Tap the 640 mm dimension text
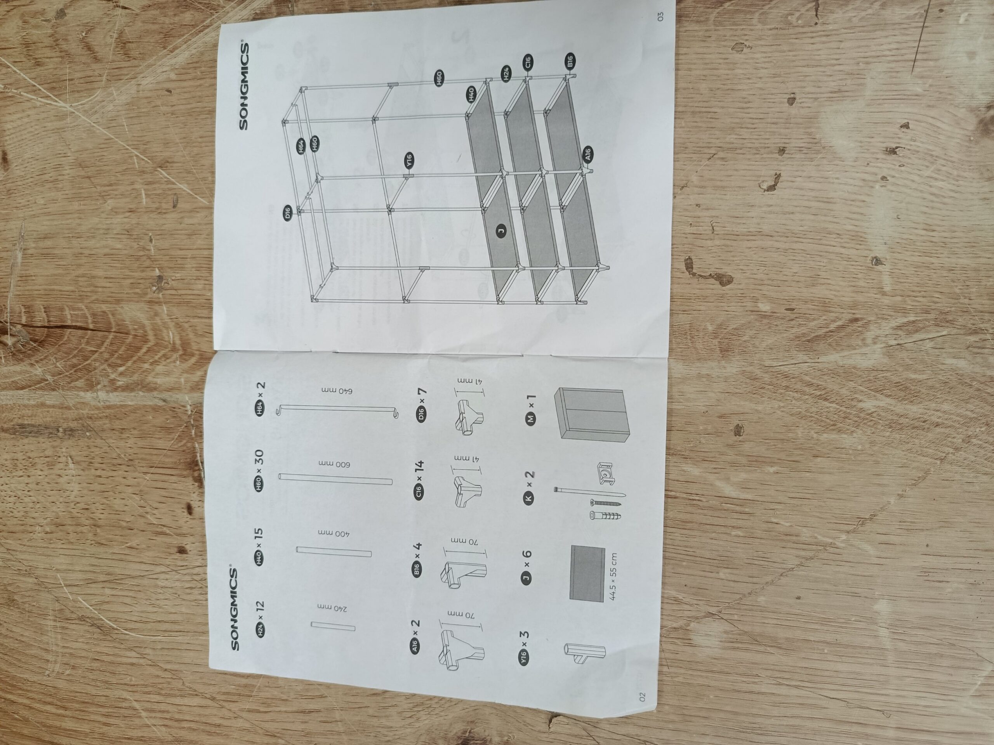click(x=340, y=391)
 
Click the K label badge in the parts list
click(x=529, y=497)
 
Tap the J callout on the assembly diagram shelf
click(x=500, y=231)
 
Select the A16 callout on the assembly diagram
click(x=589, y=155)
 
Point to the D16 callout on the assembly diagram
click(x=288, y=211)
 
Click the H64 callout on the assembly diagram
click(x=301, y=147)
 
